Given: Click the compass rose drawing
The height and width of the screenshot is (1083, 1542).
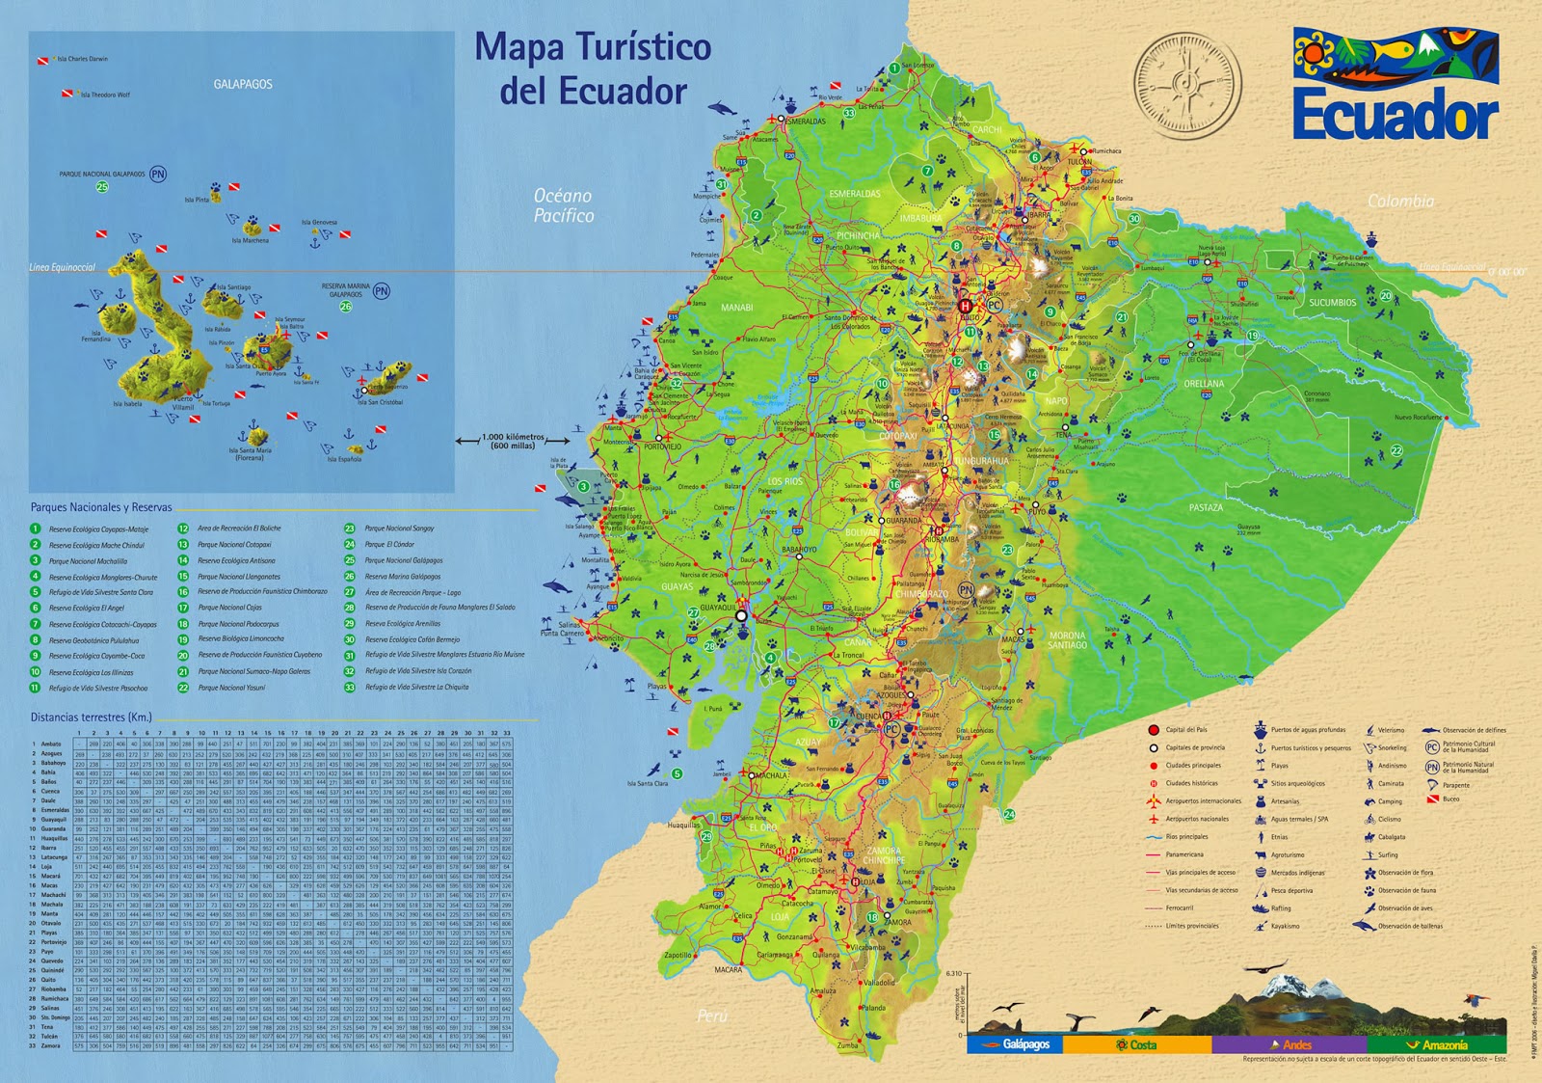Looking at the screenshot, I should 1187,83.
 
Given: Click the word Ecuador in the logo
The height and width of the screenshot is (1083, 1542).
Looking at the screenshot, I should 1395,115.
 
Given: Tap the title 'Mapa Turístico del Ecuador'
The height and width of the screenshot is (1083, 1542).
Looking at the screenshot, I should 593,68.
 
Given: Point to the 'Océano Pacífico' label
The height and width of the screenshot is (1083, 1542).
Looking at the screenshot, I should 564,205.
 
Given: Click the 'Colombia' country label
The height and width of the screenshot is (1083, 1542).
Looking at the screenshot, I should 1400,201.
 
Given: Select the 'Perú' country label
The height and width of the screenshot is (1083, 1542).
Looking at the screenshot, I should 712,1015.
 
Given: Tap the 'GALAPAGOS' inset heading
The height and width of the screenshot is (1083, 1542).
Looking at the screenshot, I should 243,84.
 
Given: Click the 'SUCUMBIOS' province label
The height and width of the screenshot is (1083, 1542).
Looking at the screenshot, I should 1332,303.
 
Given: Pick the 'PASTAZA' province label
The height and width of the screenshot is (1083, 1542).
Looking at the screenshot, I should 1206,507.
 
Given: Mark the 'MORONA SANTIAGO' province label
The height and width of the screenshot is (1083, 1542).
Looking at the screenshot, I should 1067,640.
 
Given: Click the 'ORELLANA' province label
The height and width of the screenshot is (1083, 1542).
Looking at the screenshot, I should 1204,384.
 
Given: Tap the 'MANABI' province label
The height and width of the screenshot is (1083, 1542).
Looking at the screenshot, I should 736,308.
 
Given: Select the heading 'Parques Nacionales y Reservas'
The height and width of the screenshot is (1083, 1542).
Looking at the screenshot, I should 101,507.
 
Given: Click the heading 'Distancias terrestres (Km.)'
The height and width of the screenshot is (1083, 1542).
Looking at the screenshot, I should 91,717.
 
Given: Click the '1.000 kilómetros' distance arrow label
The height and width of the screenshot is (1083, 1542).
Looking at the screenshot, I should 513,441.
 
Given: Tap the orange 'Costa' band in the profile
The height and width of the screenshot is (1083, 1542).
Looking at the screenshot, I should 1136,1044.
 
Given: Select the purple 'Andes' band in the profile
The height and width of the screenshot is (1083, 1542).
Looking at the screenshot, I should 1289,1044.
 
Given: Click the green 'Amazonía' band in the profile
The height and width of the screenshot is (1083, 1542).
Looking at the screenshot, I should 1437,1044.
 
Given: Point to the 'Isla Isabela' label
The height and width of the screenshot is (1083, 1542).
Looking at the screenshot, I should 127,404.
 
